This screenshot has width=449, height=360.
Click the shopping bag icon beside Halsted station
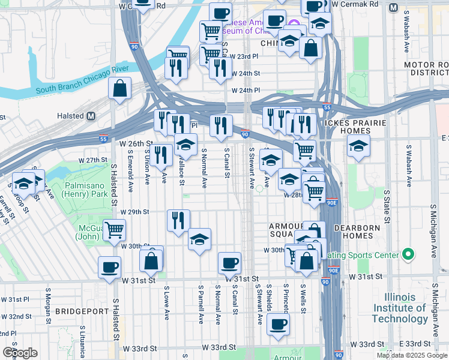120,89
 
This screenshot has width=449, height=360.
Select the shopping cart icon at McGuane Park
114,229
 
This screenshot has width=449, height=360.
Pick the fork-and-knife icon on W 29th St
178,220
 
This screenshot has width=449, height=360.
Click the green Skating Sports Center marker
408,255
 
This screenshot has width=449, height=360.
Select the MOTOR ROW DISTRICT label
427,68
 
